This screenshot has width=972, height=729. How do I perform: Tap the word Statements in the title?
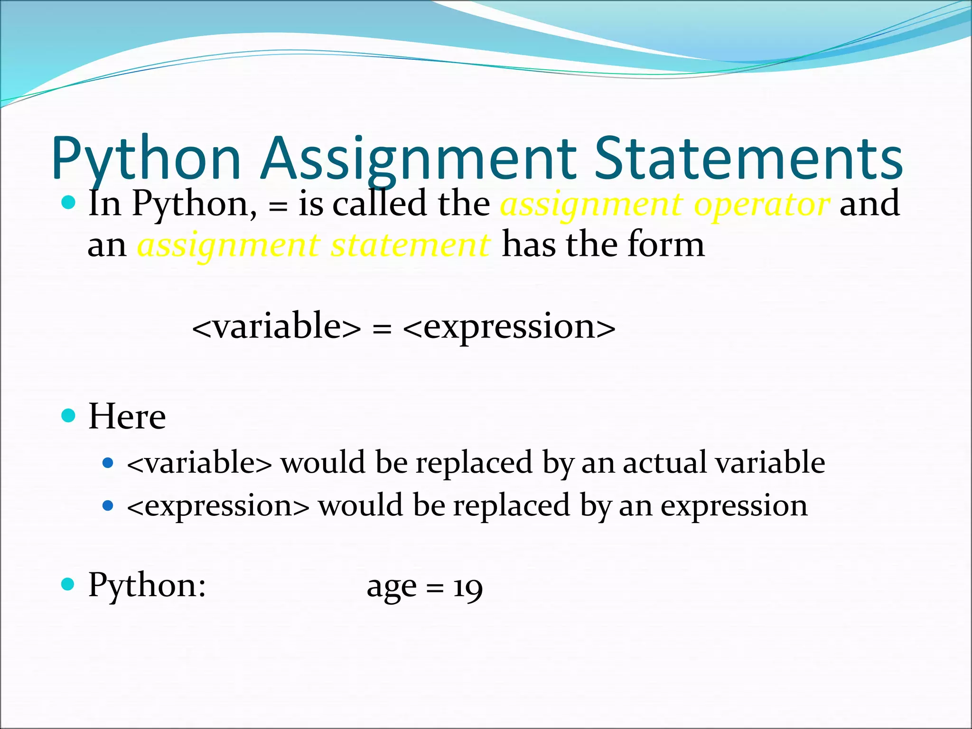tap(748, 159)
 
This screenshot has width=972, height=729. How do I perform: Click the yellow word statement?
tap(410, 245)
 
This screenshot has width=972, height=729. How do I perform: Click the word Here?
tap(127, 416)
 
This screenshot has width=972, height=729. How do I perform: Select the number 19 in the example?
tap(468, 588)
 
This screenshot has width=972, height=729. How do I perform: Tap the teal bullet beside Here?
tap(69, 416)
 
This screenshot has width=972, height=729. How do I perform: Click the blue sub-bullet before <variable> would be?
tap(108, 463)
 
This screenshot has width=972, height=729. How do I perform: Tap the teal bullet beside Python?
tap(69, 584)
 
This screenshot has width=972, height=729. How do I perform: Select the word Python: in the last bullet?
tap(147, 586)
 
